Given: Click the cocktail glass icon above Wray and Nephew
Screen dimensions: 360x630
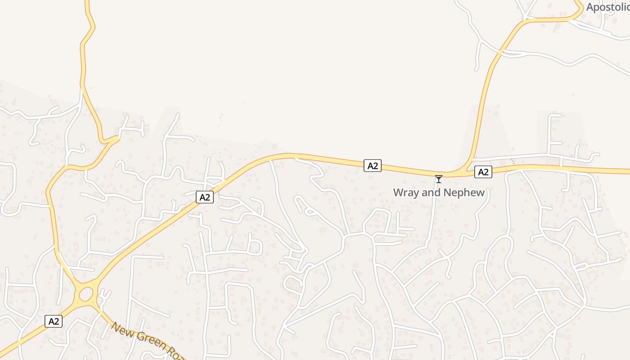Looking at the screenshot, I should [x=438, y=179].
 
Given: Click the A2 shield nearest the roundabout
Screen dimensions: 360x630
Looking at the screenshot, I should [x=54, y=321].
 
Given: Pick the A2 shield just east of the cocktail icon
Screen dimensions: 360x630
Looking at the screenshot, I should [x=483, y=172].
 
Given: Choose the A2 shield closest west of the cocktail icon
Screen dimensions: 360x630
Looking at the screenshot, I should [x=373, y=166].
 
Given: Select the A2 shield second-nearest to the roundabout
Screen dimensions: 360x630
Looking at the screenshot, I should [x=204, y=197].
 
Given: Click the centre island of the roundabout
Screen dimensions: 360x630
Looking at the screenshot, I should [x=85, y=295].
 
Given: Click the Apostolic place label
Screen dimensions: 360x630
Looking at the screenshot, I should [x=607, y=7].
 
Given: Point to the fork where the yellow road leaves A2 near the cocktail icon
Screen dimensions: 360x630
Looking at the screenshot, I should [x=463, y=171].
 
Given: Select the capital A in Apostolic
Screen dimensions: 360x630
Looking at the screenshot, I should [x=590, y=7].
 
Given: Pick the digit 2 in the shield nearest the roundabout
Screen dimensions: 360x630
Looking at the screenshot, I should [x=56, y=321].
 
